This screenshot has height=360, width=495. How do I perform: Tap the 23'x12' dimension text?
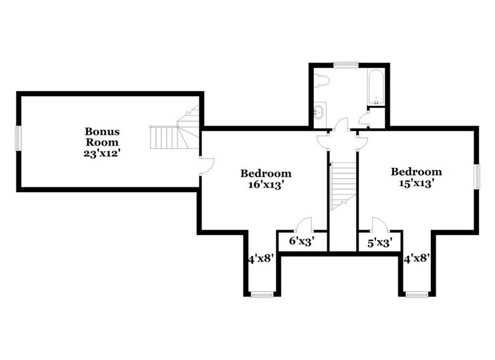[102, 154]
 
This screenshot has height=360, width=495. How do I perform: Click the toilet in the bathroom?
[322, 80]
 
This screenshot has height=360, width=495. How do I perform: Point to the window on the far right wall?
[477, 176]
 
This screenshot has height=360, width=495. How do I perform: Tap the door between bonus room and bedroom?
[206, 165]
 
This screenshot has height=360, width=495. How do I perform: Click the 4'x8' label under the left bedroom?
[260, 260]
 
